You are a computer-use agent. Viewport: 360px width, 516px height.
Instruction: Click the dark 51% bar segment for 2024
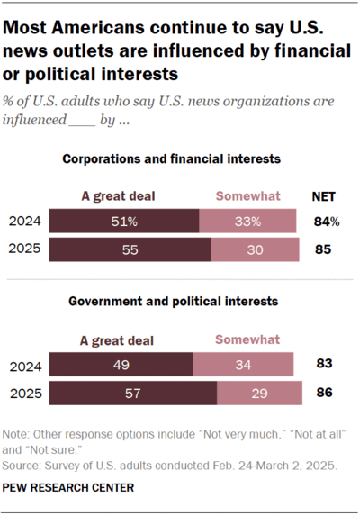click(124, 221)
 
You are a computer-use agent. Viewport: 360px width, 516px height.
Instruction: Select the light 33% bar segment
click(247, 221)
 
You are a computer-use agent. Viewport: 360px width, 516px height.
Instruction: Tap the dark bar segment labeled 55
click(130, 249)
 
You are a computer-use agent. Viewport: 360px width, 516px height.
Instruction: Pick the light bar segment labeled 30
click(253, 249)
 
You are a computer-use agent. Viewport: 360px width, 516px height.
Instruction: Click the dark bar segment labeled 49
click(121, 365)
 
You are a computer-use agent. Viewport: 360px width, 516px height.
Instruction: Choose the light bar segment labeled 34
click(243, 365)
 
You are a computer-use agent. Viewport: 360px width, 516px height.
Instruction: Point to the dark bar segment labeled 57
click(133, 394)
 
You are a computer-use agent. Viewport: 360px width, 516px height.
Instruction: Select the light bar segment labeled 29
click(259, 394)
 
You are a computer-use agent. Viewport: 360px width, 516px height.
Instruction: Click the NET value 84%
click(325, 221)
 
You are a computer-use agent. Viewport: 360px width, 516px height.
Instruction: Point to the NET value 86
click(324, 394)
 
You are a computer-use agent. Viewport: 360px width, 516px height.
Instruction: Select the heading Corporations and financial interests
click(172, 159)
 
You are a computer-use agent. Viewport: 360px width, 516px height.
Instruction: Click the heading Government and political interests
click(172, 301)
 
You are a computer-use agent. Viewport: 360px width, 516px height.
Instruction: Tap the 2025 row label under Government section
click(24, 394)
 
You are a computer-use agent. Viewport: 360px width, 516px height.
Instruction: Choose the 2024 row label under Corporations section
click(24, 221)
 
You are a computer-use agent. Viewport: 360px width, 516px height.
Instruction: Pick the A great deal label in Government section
click(117, 340)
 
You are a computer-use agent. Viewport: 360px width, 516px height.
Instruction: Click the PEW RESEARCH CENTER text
click(69, 487)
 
